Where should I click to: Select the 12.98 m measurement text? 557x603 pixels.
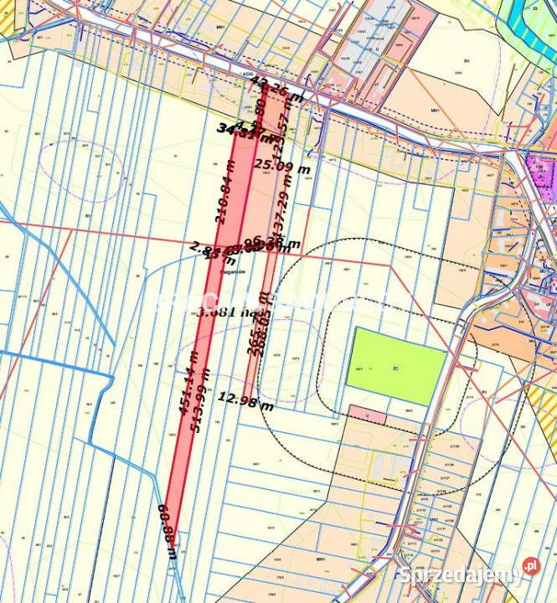[245, 400]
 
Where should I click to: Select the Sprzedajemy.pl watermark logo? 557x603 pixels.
[468, 575]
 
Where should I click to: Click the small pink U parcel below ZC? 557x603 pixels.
[368, 415]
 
